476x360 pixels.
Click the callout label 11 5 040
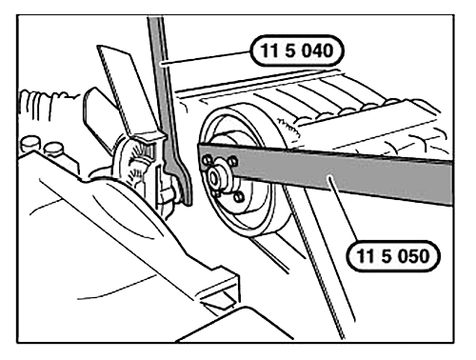click(x=297, y=50)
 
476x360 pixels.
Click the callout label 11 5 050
click(x=393, y=256)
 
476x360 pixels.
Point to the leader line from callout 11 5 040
click(x=207, y=58)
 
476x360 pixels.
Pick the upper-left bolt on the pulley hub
click(x=208, y=160)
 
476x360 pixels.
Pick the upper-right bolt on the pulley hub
click(x=232, y=161)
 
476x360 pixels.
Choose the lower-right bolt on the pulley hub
click(x=238, y=197)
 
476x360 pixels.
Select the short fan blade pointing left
click(x=102, y=111)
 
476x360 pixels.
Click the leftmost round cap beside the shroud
click(x=30, y=145)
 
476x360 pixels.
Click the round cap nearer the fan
click(x=53, y=150)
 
